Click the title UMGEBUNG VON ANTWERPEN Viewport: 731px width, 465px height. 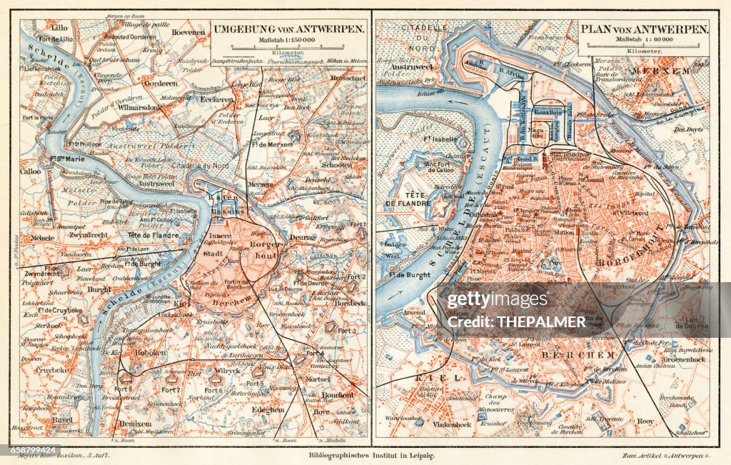(288, 29)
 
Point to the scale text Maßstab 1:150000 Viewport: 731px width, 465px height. (288, 39)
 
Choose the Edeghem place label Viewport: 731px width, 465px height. (268, 409)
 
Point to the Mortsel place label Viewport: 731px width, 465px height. (318, 379)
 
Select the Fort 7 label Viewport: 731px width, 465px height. (170, 390)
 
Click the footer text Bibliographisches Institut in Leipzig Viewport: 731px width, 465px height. (370, 455)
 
